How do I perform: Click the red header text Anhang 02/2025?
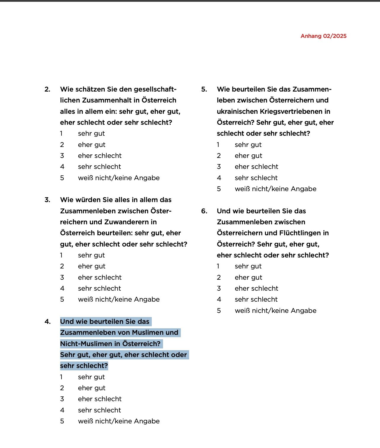(323, 36)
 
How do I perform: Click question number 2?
(47, 89)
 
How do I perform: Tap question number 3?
(47, 200)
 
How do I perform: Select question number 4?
(47, 322)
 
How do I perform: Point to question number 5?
(204, 89)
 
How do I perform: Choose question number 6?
(204, 211)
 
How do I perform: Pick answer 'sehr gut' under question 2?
(91, 134)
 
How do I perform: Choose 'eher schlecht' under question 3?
(100, 278)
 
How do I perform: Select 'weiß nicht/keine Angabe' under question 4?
(119, 421)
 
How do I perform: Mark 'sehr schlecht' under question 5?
(256, 178)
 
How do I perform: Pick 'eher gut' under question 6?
(248, 278)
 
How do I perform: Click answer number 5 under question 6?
(219, 311)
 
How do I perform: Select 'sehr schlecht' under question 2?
(99, 167)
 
